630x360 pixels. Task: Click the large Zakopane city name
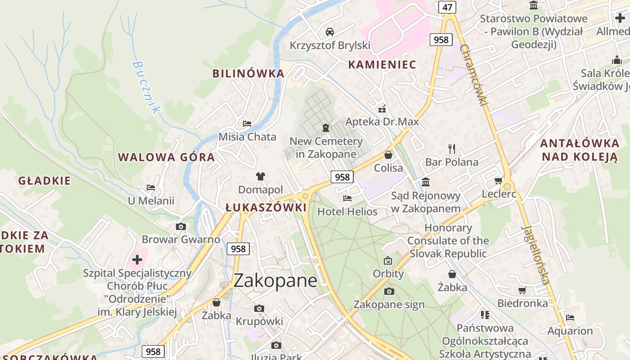click(275, 281)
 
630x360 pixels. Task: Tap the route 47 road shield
click(447, 7)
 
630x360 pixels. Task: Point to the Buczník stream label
click(146, 87)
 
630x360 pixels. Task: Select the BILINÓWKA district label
click(248, 73)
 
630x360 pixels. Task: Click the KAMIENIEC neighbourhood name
click(382, 64)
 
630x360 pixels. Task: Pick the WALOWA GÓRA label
click(166, 157)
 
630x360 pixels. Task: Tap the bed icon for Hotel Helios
click(347, 198)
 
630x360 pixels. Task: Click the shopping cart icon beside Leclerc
click(498, 180)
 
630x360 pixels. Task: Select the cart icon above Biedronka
click(522, 290)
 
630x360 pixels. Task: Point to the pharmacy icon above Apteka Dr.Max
click(382, 108)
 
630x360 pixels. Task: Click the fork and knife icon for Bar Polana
click(452, 148)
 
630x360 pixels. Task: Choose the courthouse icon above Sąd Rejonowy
click(426, 182)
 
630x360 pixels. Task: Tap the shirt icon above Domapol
click(261, 176)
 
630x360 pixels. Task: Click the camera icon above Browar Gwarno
click(181, 226)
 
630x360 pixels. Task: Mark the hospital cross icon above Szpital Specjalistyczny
click(137, 260)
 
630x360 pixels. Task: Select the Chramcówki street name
click(474, 75)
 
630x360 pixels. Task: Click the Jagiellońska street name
click(535, 254)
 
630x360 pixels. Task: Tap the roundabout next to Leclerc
click(508, 186)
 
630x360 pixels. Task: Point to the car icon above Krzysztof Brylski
click(330, 31)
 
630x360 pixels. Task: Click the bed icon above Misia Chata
click(247, 123)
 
